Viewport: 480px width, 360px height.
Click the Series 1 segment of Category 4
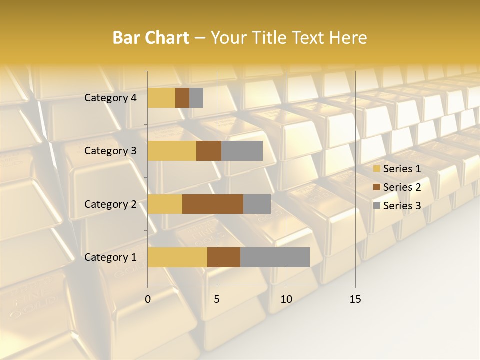coord(161,98)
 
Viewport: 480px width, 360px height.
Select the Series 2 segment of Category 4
coord(182,98)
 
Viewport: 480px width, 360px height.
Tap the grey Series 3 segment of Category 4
coord(196,98)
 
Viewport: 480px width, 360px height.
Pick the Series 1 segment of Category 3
coord(172,151)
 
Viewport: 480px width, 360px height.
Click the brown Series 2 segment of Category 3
coord(209,151)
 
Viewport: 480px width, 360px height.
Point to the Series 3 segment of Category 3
coord(242,151)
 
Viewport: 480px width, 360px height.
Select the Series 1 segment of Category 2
coord(165,204)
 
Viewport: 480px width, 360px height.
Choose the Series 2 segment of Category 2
coord(213,204)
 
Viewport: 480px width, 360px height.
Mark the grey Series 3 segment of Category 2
coord(257,204)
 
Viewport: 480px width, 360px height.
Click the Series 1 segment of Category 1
coord(177,257)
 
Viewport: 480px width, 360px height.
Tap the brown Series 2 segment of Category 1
coord(224,257)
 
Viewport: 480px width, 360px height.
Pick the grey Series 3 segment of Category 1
coord(275,257)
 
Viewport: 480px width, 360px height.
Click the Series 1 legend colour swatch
coord(376,169)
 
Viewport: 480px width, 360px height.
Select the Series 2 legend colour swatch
coord(376,187)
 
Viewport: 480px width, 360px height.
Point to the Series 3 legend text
coord(402,206)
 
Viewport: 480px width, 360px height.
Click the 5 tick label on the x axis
coord(217,299)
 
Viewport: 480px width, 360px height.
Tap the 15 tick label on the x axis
coord(355,299)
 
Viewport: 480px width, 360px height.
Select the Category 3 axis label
coord(110,151)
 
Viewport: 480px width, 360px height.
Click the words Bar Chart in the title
coord(151,38)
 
